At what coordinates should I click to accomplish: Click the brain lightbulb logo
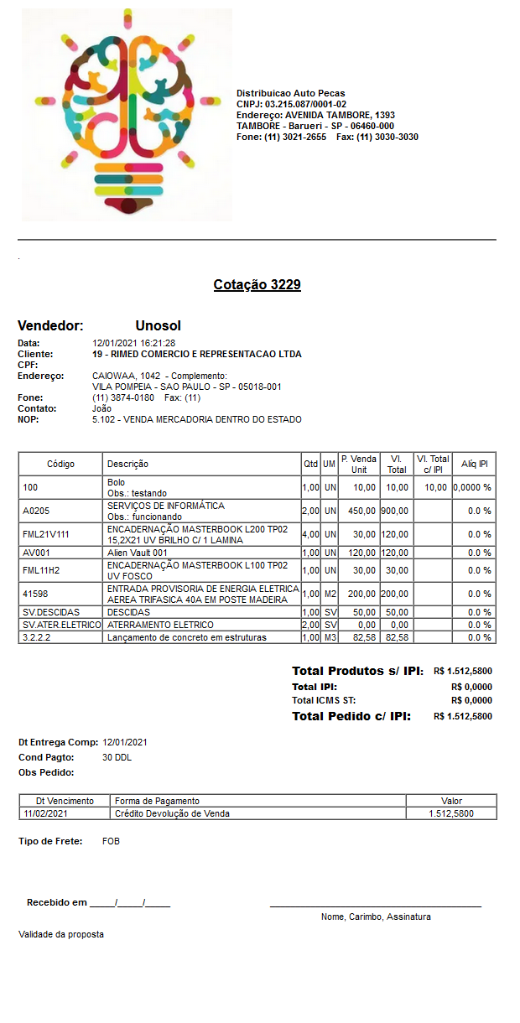tap(127, 115)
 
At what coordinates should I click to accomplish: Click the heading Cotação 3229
tap(257, 285)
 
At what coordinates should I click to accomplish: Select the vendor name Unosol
tap(158, 325)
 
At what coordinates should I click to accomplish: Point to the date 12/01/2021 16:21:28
tap(133, 343)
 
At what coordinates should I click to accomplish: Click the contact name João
tap(101, 408)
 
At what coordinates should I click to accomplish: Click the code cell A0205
tap(37, 511)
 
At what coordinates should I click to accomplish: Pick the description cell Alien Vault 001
tap(138, 553)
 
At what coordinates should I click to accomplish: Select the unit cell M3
tap(330, 637)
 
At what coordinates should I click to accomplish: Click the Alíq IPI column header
tap(475, 464)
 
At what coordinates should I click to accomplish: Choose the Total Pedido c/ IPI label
tap(351, 716)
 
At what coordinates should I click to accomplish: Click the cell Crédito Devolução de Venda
tap(172, 813)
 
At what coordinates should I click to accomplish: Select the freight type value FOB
tap(110, 840)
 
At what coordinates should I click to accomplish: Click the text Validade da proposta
tap(61, 934)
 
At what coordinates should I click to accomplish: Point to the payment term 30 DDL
tap(117, 757)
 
